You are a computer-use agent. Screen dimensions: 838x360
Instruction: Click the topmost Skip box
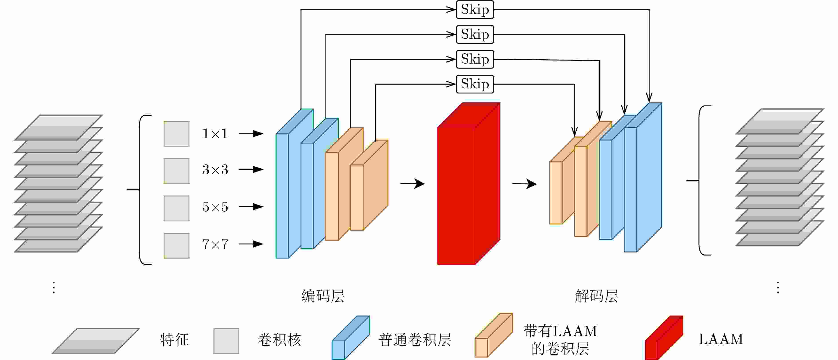pos(475,10)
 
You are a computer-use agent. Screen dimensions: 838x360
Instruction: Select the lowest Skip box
pos(475,84)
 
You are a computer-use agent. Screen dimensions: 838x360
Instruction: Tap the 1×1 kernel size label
pos(215,134)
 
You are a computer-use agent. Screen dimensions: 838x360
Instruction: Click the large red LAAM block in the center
pos(468,184)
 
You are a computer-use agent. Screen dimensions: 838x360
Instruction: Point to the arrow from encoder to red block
pos(413,183)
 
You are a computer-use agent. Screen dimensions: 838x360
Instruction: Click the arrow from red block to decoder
pos(524,184)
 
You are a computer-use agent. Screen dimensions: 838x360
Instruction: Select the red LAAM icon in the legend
pos(664,338)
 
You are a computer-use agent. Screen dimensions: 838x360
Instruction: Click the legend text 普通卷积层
pos(415,340)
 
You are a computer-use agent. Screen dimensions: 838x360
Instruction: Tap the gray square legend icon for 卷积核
pos(226,341)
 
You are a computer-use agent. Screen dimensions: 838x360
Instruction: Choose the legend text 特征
pos(174,340)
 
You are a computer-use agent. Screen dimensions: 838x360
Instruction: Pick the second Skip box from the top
pos(475,34)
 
